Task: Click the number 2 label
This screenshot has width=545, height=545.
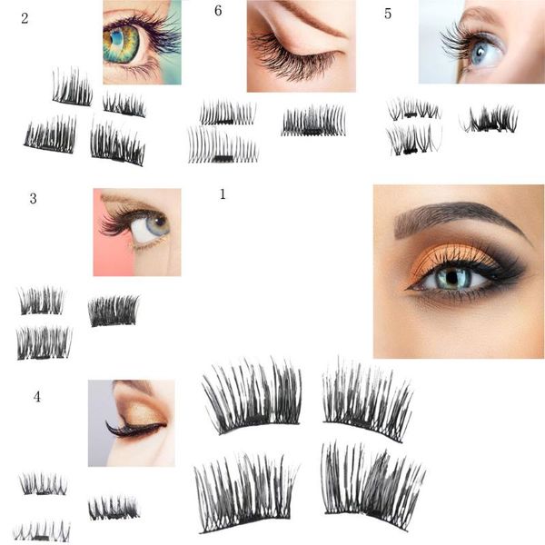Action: coord(25,18)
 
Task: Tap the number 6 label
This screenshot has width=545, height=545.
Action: coord(218,11)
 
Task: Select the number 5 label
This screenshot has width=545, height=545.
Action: coord(388,14)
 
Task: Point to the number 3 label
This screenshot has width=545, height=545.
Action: coord(33,198)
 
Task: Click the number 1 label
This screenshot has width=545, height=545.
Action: coord(223,194)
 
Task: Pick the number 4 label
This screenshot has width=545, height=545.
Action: coord(37,397)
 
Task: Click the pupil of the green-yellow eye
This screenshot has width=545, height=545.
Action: coord(117,37)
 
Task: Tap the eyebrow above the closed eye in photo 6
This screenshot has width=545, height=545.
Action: coord(312,18)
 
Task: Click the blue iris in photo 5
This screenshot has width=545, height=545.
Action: coord(481,53)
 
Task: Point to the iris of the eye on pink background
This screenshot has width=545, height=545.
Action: coord(158,224)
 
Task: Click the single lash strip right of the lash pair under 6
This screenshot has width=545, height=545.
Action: coord(313,120)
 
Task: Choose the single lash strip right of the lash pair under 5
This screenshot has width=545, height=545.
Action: coord(489,119)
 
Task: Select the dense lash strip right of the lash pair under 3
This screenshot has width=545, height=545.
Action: coord(114,311)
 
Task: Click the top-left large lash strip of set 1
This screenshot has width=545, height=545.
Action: coord(253,396)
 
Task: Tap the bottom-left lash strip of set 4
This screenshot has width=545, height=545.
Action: coord(42,530)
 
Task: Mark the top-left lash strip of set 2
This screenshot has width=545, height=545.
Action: coord(73,87)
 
